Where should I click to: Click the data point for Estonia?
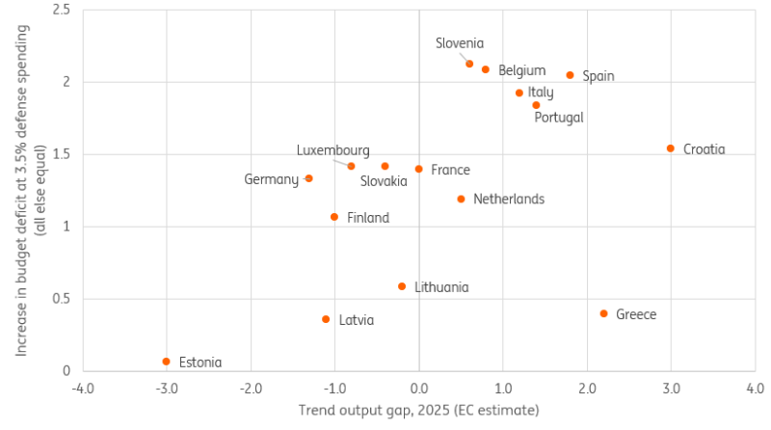(x=167, y=362)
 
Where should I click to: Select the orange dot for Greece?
(x=604, y=313)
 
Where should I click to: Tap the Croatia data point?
(x=671, y=148)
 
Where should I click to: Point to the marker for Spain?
(x=570, y=75)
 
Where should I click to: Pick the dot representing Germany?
(x=308, y=178)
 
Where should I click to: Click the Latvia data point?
(x=326, y=319)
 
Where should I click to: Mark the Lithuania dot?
(x=402, y=286)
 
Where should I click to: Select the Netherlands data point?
(x=461, y=199)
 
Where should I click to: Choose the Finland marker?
(x=334, y=217)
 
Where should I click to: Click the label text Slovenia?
(x=460, y=42)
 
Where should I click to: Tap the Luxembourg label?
(x=332, y=150)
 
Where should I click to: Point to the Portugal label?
(x=559, y=118)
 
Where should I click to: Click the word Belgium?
(x=522, y=70)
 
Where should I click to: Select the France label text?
(x=450, y=170)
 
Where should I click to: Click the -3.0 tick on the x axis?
(x=167, y=389)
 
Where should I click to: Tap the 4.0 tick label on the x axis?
(x=755, y=389)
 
